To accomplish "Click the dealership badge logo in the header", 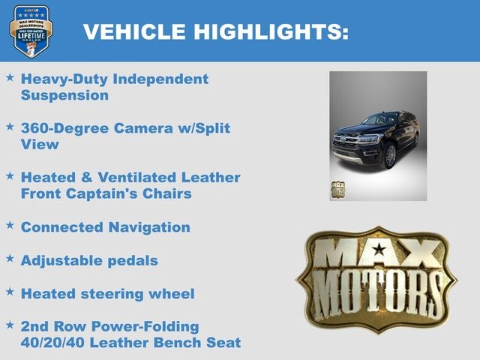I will click(31, 31).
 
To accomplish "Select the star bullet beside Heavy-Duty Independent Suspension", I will click(10, 77).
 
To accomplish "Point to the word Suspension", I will click(64, 95).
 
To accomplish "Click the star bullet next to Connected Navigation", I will click(10, 225).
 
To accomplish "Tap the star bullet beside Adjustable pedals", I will click(10, 259).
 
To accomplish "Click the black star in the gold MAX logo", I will click(379, 249).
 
